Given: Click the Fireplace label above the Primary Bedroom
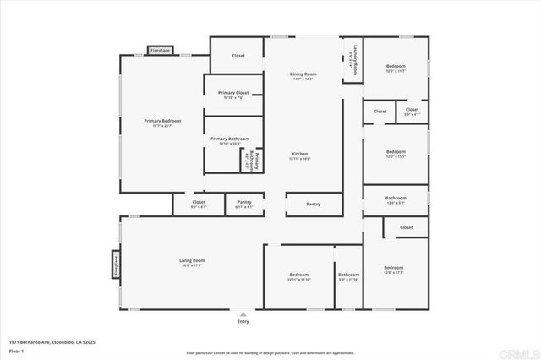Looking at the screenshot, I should [160, 51].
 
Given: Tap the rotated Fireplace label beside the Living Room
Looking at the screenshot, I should [116, 264].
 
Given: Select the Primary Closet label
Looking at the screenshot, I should [232, 93].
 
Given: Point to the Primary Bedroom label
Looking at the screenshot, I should [162, 122].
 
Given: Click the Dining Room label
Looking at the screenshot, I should [303, 74].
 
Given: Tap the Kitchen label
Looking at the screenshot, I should [299, 154].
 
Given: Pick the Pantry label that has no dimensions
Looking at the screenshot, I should [313, 204].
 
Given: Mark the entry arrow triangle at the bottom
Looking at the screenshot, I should [243, 314].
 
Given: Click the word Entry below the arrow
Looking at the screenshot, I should [243, 322].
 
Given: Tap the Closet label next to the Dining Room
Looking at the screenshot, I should [238, 56].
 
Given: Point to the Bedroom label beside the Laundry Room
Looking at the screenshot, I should [396, 67].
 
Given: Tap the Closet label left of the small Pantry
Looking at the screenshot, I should [199, 203].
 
